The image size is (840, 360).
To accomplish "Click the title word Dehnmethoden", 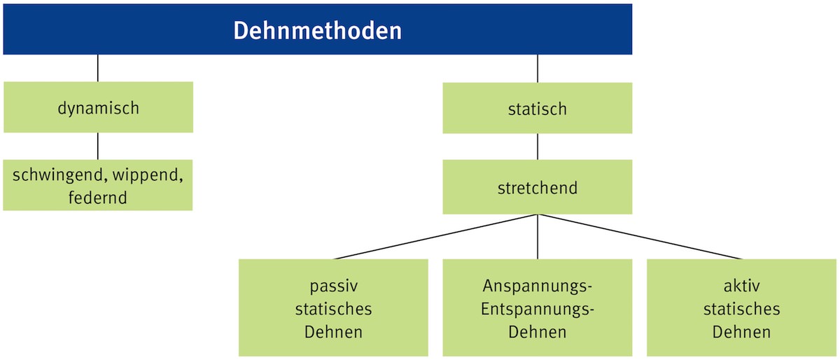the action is tap(317, 30).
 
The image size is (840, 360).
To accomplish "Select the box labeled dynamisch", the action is tap(98, 107).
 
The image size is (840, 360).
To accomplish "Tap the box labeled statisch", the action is tap(538, 108).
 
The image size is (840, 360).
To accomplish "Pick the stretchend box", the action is tap(538, 187).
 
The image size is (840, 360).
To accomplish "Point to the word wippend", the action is tap(148, 175).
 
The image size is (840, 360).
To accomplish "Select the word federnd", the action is tap(97, 198).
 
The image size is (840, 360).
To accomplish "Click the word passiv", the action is tap(333, 286).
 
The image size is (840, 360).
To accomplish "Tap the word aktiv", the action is tap(741, 286).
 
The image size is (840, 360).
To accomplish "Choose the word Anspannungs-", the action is tap(538, 286).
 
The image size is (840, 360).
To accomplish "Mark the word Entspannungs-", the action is tap(538, 310).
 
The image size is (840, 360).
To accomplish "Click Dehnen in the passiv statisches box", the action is tap(333, 332).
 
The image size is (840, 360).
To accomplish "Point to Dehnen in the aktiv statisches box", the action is tap(741, 332).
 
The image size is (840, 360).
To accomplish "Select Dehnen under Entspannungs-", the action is tap(538, 332).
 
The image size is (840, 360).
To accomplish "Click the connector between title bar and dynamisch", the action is tap(98, 69).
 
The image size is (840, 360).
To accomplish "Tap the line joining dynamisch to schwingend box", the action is tap(98, 146).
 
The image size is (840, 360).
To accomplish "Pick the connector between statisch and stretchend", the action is tap(538, 146).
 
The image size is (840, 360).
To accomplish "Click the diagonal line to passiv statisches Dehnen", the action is tap(435, 237).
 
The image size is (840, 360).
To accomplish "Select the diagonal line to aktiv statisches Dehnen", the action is tap(640, 237).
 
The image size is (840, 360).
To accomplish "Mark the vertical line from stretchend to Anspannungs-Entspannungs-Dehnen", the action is tap(538, 237).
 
